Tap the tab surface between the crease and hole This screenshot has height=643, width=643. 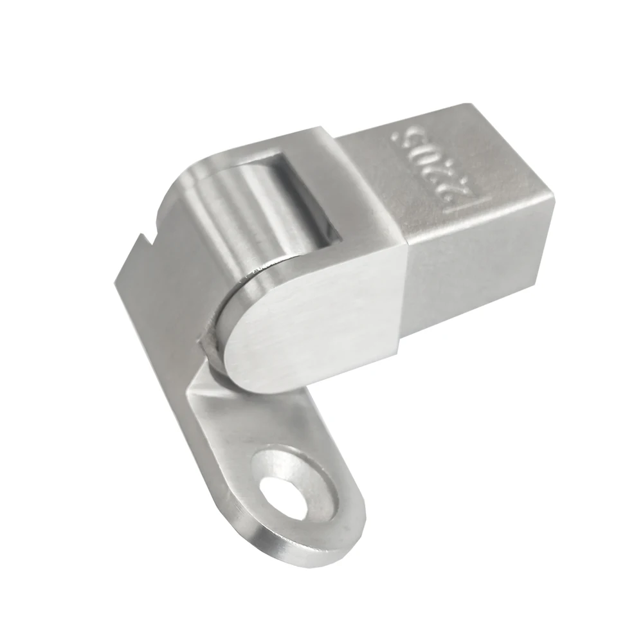tap(231, 424)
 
